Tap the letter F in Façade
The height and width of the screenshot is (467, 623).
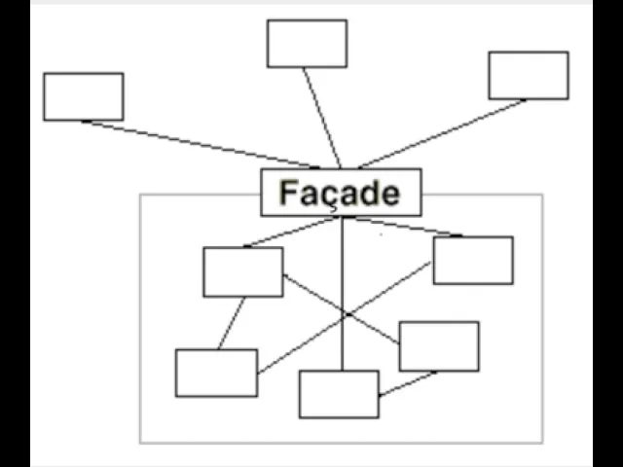tap(289, 193)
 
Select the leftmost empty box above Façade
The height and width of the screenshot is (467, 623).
tap(83, 96)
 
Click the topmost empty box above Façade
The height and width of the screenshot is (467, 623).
tap(307, 44)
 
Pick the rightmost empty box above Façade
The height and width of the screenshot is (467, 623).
tap(528, 75)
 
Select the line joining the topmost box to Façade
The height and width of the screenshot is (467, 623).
tap(321, 117)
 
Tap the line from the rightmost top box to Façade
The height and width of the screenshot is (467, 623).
tap(443, 133)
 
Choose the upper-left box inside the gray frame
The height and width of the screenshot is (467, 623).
tap(242, 271)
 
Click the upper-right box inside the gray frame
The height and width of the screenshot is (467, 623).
tap(472, 260)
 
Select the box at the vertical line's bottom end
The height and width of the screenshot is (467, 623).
tap(338, 394)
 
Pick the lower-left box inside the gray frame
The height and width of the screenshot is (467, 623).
tap(216, 373)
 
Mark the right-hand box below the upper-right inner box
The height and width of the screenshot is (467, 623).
tap(438, 346)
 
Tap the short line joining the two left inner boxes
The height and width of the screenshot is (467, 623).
tap(232, 323)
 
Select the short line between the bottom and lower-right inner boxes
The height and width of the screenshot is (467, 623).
tap(407, 383)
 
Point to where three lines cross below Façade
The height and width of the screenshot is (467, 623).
tap(344, 313)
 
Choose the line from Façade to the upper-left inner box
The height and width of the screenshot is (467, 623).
tap(292, 232)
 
